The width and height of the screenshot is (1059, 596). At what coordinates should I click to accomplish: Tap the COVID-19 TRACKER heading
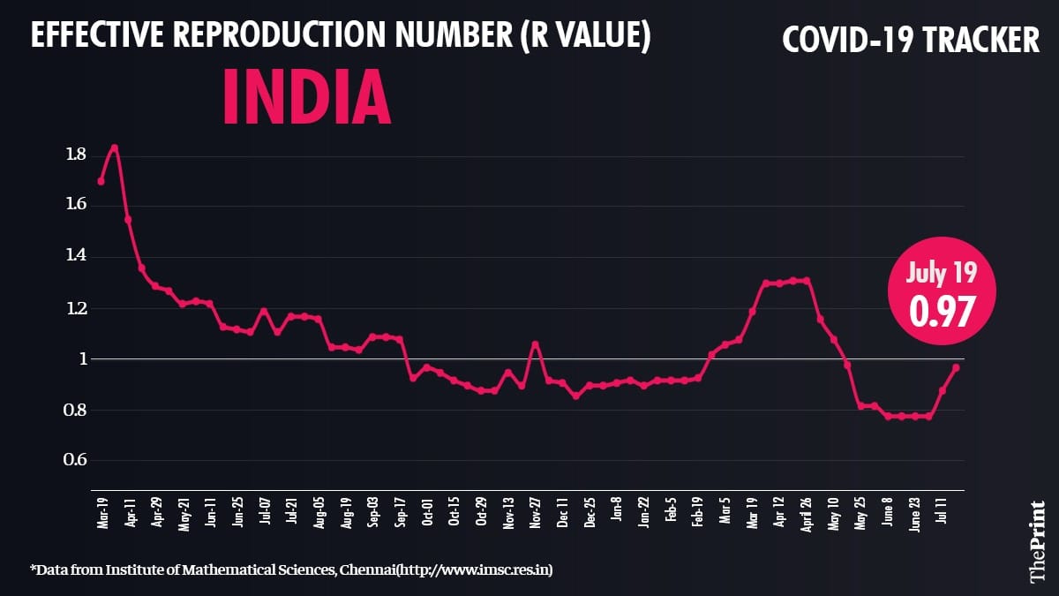(912, 39)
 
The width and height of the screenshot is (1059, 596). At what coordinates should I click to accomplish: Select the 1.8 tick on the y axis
(75, 155)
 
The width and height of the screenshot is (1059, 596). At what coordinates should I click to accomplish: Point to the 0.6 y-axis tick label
(75, 461)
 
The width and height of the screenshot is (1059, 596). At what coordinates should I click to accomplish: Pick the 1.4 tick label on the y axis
(75, 257)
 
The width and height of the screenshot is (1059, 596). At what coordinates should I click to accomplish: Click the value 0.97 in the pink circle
(943, 310)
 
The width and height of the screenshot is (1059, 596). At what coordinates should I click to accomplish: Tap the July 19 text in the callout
(943, 275)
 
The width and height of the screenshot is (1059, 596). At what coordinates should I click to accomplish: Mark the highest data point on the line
(115, 147)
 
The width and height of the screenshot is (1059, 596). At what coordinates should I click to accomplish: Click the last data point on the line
(956, 367)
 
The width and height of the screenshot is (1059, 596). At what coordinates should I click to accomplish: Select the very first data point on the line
(101, 181)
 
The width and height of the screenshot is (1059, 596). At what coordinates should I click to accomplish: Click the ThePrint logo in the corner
(1038, 542)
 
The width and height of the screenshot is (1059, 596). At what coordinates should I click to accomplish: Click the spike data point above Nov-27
(535, 344)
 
